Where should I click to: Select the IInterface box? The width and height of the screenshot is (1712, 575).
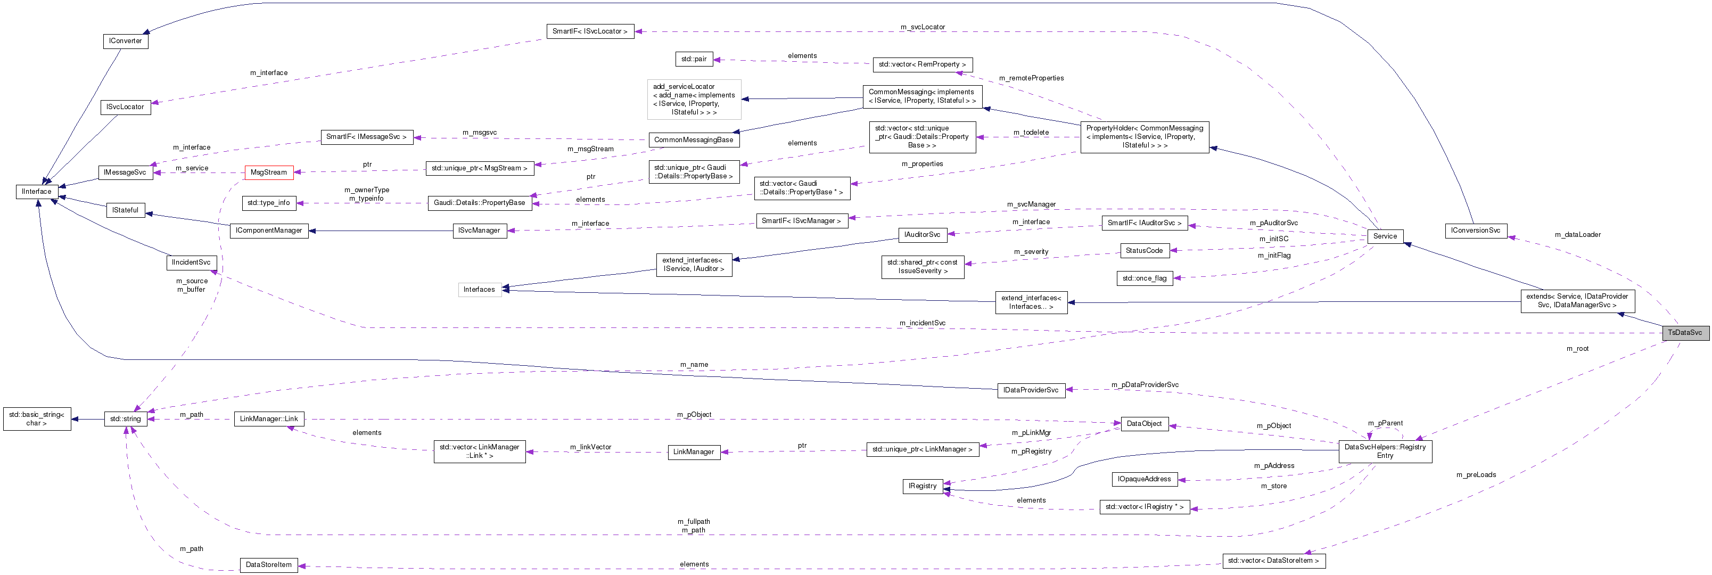[x=36, y=192]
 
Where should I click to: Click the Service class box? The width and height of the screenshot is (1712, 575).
[x=1385, y=236]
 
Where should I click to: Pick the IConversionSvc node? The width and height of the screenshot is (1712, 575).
[x=1476, y=231]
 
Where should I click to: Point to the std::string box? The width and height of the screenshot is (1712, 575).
[x=125, y=419]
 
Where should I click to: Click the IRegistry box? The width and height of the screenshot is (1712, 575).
[x=922, y=487]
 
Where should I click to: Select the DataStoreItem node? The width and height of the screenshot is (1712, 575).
[x=268, y=565]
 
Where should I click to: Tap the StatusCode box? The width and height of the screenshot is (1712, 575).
[x=1144, y=251]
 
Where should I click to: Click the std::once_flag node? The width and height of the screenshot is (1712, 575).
[x=1144, y=278]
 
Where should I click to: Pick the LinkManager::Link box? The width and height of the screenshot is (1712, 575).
[x=268, y=419]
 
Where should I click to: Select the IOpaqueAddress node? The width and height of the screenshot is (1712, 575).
[x=1144, y=479]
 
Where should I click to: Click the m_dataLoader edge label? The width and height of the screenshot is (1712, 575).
[x=1577, y=235]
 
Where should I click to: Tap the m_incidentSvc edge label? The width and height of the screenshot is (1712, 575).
[x=922, y=323]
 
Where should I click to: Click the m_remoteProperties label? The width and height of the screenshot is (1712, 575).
[x=1031, y=78]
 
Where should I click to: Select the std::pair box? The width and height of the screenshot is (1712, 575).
[x=693, y=59]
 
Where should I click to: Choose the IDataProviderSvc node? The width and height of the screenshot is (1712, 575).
[x=1031, y=390]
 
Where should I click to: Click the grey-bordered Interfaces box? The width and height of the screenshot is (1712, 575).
[x=479, y=290]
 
